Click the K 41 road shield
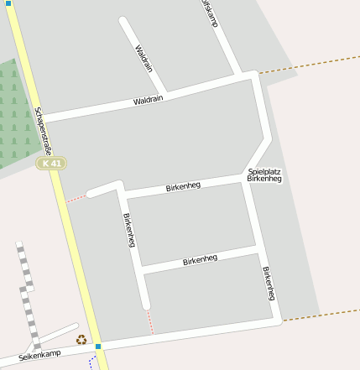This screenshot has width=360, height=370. pos(51,164)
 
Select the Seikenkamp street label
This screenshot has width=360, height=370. pos(40,355)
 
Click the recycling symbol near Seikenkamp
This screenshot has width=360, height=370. pos(81,340)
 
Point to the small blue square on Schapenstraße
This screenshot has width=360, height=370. pos(98,346)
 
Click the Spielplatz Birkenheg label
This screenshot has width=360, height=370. pos(264,175)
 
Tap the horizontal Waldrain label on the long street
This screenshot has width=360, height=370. pos(148,100)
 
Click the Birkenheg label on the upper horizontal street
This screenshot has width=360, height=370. pos(183,186)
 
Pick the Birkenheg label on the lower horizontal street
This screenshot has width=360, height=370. pos(200,260)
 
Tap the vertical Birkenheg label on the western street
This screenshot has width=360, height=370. pos(129,230)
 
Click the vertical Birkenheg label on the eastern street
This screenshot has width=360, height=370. pos(269,284)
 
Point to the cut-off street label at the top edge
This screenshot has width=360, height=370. pos(209,13)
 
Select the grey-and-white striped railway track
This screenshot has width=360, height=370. pos(27,294)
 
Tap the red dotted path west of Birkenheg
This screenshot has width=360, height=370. pos(76,199)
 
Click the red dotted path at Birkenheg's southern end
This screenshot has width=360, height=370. pos(150,321)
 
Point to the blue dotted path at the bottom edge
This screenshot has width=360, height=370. pos(94,362)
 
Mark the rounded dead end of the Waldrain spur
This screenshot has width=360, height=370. pos(124,22)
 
